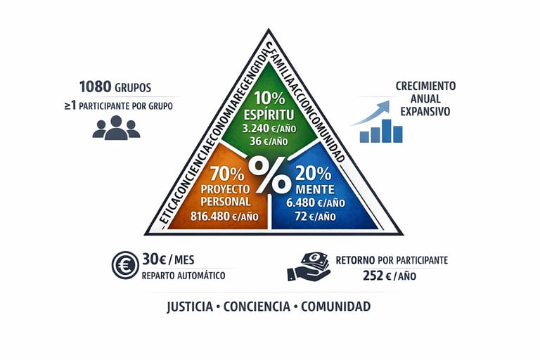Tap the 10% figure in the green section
point(270,98)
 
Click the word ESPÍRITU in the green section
point(270,115)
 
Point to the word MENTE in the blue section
point(315,188)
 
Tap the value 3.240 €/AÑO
point(270,129)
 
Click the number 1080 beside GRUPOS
point(96,87)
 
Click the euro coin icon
point(124,265)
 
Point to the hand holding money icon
point(309,266)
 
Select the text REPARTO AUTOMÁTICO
point(184,276)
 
